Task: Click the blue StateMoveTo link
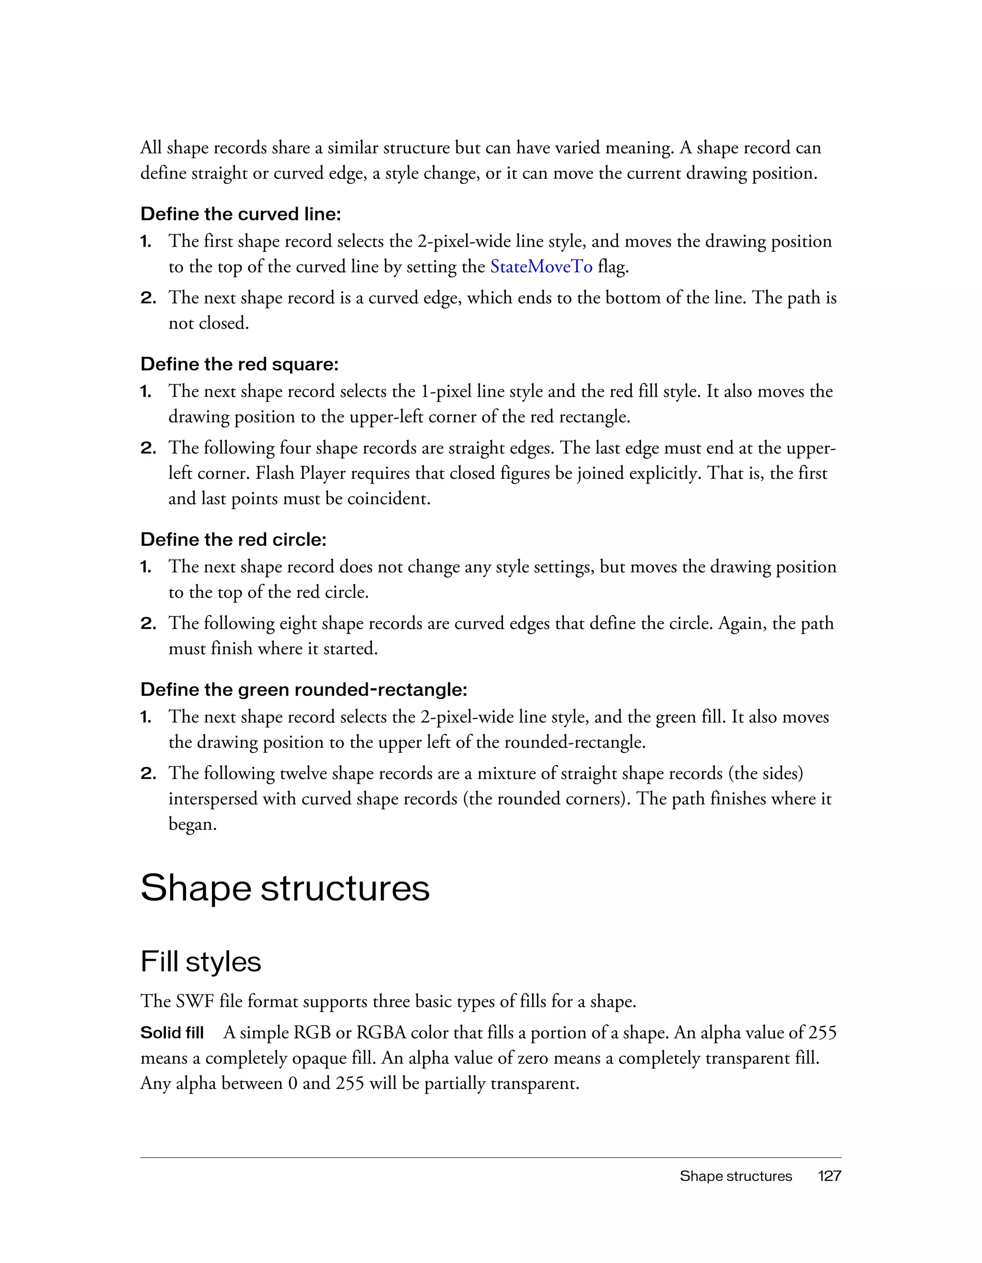coord(541,267)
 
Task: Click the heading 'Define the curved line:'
coord(240,214)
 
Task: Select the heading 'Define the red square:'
coord(239,365)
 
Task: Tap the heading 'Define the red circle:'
coord(234,540)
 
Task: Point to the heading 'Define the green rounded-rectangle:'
coord(304,689)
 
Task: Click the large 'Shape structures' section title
coord(285,888)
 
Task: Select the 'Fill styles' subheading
coord(200,962)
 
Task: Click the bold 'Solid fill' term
coord(172,1032)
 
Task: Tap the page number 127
coord(830,1176)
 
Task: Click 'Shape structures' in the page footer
coord(735,1176)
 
